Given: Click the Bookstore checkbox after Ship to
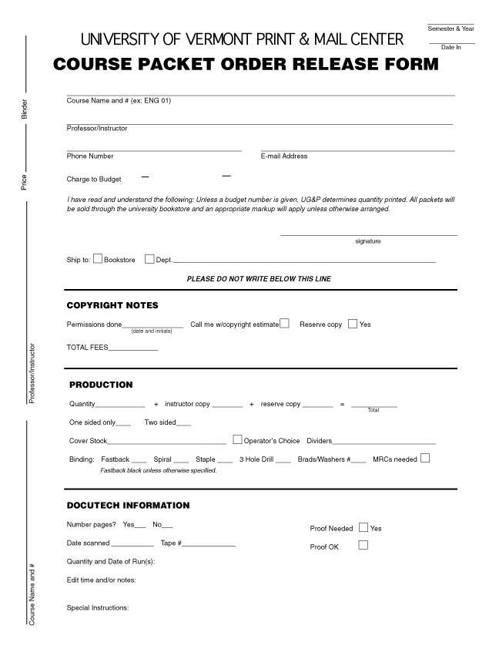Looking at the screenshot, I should click(x=98, y=259).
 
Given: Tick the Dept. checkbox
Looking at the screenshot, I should click(x=149, y=259).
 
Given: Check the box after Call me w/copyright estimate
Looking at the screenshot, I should click(x=284, y=324).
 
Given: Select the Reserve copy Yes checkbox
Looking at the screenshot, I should click(x=353, y=324).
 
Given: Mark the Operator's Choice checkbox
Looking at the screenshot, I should click(x=237, y=440).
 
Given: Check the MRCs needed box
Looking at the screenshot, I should click(x=425, y=459).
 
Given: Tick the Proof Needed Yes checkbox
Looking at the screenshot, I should click(x=363, y=528).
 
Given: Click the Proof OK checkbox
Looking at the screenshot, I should click(x=363, y=546).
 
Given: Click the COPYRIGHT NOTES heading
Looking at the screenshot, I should click(x=112, y=305).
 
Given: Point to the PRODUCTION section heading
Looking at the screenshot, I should click(x=101, y=385).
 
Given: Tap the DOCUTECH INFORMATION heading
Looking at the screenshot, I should click(x=128, y=506).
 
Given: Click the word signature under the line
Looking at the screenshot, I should click(x=368, y=241).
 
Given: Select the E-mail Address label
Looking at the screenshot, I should click(x=284, y=156).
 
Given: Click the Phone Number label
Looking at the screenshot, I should click(x=90, y=156).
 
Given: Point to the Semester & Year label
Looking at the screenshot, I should click(x=450, y=29).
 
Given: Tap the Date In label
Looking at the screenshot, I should click(x=450, y=48).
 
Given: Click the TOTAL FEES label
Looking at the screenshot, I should click(x=87, y=348).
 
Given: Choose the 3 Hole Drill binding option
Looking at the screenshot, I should click(x=256, y=459).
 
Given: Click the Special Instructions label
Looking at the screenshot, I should click(x=98, y=607).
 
